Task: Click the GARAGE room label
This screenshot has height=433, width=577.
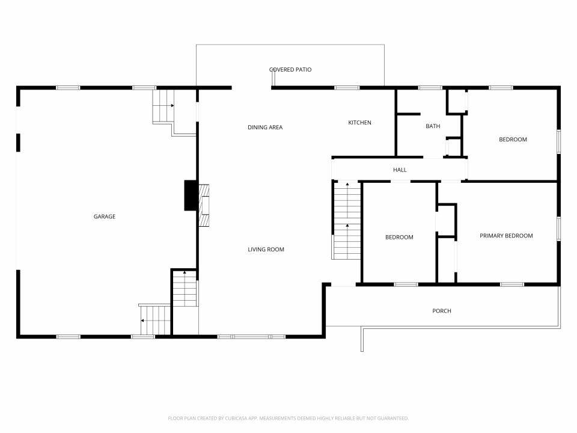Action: click(x=104, y=216)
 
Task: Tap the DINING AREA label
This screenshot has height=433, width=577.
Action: click(x=265, y=127)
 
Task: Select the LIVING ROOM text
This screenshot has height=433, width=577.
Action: click(x=266, y=250)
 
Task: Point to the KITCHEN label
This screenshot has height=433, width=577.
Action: click(x=360, y=123)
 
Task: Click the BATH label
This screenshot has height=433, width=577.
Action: click(x=433, y=126)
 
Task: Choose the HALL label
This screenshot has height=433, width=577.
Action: click(x=400, y=170)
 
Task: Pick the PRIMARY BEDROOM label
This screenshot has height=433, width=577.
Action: click(x=506, y=236)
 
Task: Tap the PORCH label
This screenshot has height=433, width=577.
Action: click(x=442, y=311)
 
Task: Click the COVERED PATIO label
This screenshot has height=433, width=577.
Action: click(x=290, y=70)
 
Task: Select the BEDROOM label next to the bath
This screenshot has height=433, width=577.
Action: click(x=513, y=140)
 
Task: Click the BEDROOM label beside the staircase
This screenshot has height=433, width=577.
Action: click(x=399, y=237)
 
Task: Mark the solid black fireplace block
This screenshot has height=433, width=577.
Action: click(x=190, y=195)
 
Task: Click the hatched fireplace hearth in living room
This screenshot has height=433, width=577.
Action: click(x=206, y=206)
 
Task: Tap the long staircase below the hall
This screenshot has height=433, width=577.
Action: click(x=347, y=221)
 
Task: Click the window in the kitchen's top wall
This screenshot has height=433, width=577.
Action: click(x=347, y=88)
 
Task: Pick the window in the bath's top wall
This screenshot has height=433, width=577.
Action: click(x=430, y=88)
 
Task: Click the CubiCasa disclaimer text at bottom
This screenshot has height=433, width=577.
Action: click(x=288, y=418)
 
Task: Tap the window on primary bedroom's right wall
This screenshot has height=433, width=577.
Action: click(x=558, y=228)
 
